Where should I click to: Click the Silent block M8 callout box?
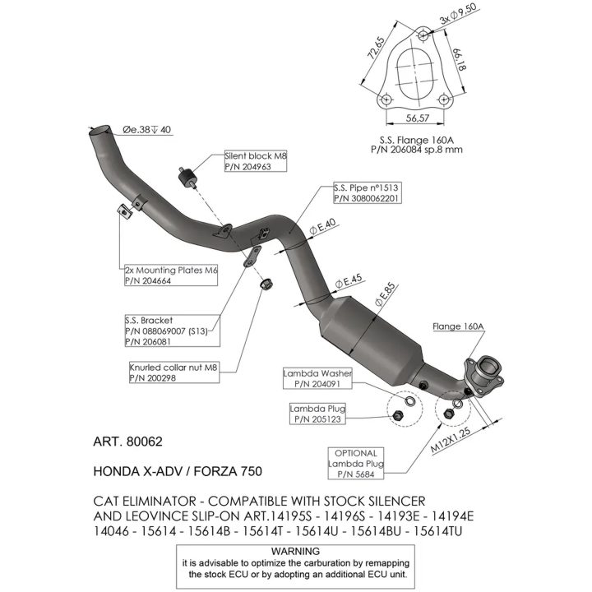[x=256, y=161]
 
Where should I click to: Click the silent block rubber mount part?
[x=186, y=178]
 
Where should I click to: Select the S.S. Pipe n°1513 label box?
[x=367, y=193]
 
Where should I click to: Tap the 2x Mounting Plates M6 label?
[x=171, y=275]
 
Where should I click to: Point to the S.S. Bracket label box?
[x=172, y=331]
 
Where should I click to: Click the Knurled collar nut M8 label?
[x=174, y=372]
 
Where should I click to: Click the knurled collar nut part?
[x=267, y=283]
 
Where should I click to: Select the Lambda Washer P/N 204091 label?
[x=317, y=379]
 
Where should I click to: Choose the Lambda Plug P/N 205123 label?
[x=317, y=414]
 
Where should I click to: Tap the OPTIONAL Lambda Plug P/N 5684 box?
[x=356, y=464]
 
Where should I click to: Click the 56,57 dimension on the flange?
[x=418, y=118]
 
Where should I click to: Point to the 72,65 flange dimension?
[x=376, y=48]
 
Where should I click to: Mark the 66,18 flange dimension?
[x=460, y=59]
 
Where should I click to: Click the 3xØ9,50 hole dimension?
[x=458, y=14]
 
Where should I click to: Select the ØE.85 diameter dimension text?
[x=385, y=294]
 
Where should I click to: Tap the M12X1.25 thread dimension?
[x=451, y=440]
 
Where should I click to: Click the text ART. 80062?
[x=127, y=442]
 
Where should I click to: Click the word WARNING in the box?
[x=295, y=551]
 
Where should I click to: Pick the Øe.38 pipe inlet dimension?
[x=146, y=130]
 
